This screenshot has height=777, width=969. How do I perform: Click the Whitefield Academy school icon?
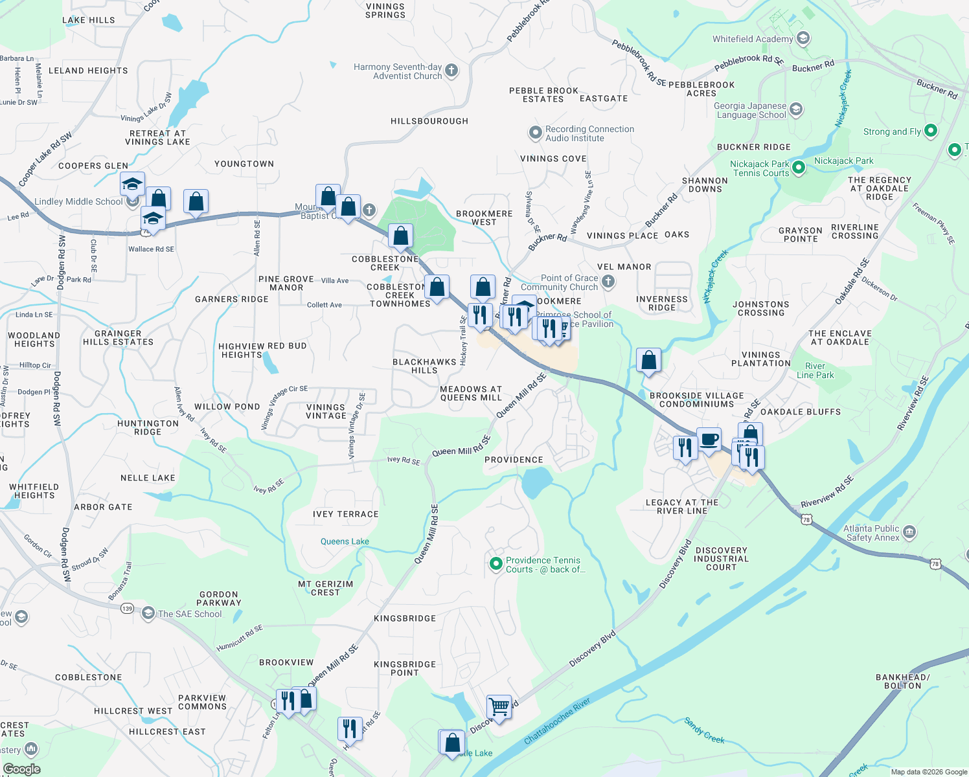(x=803, y=39)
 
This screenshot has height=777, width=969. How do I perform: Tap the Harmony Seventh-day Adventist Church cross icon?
(x=451, y=71)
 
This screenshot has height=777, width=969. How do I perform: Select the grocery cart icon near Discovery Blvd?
(x=499, y=706)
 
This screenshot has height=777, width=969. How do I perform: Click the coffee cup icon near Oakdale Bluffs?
(x=709, y=440)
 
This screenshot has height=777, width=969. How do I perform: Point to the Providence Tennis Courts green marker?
(x=496, y=565)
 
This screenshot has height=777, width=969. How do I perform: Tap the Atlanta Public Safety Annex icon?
(x=909, y=533)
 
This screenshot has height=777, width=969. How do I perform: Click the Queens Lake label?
(x=345, y=541)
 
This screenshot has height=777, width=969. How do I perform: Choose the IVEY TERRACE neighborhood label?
(x=345, y=514)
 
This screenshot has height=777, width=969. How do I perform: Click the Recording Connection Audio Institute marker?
(x=535, y=133)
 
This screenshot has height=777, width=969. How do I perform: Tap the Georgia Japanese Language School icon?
(x=796, y=109)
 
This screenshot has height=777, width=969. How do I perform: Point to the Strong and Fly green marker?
(x=931, y=131)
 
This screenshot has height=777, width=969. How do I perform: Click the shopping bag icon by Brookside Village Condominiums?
(x=648, y=360)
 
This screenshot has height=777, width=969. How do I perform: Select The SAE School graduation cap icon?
(x=148, y=613)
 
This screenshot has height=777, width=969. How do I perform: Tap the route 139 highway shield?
(x=127, y=608)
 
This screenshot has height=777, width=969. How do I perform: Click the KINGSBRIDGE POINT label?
(x=405, y=668)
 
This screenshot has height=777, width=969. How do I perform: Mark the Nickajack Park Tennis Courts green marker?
(x=799, y=168)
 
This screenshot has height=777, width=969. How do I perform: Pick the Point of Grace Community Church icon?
(x=608, y=282)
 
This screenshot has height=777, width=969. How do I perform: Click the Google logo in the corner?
(x=21, y=769)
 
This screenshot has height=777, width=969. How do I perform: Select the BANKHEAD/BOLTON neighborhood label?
(x=902, y=681)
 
